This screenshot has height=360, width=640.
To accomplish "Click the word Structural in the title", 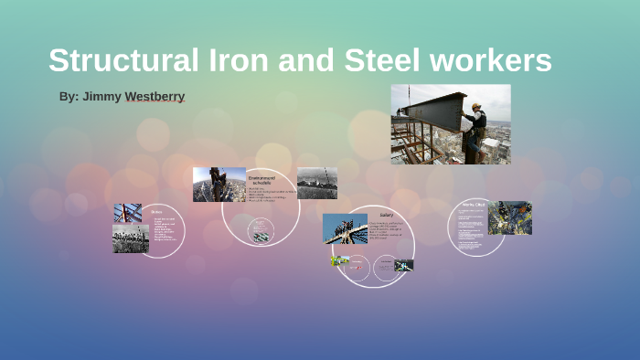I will click(x=122, y=60).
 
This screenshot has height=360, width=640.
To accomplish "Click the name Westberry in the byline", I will click(x=155, y=96).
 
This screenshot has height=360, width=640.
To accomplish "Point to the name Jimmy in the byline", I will click(x=102, y=96).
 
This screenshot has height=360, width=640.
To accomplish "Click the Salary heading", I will click(x=386, y=216).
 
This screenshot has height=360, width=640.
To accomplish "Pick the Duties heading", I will click(x=157, y=210).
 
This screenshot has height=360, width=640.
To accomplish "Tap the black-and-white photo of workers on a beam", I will click(x=131, y=238).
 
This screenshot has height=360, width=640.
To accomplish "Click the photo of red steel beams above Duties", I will click(x=127, y=213).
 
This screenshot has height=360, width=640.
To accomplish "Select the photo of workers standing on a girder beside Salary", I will click(x=345, y=228).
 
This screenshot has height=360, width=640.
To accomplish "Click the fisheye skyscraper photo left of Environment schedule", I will click(x=219, y=185).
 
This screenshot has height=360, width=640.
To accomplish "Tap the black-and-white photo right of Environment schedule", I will click(x=316, y=183).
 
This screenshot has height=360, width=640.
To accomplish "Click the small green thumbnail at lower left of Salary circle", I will click(x=340, y=260).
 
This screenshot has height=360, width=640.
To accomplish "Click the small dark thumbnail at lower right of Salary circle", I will click(x=403, y=265).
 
